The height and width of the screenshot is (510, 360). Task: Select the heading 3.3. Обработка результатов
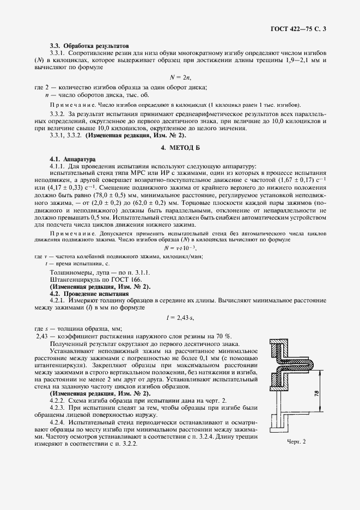click(89, 46)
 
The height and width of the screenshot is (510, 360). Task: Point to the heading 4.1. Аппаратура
click(72, 160)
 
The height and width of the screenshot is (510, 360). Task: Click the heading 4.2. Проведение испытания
click(89, 293)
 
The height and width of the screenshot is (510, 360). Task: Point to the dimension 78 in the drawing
click(316, 393)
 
